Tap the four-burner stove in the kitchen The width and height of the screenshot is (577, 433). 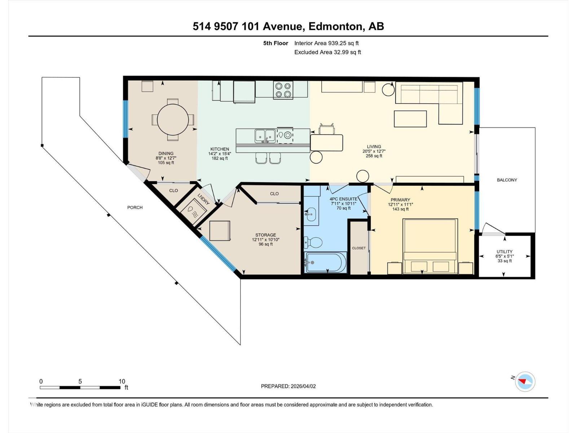[x=283, y=90]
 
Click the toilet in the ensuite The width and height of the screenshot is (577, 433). [x=313, y=242]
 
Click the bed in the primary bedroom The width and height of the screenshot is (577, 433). [x=430, y=245]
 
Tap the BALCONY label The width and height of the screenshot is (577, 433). [x=507, y=180]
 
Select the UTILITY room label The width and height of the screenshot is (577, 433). [x=504, y=252]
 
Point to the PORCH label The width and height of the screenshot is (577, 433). [x=135, y=207]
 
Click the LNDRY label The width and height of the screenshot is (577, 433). [x=203, y=199]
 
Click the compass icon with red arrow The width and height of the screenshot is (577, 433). [x=525, y=382]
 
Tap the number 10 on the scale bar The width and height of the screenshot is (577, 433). [x=122, y=381]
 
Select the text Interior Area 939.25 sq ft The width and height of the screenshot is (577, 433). [x=326, y=43]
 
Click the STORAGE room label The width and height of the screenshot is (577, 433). [x=265, y=235]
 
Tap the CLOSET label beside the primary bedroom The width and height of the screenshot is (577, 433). [x=358, y=248]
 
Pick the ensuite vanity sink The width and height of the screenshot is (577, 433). [x=311, y=214]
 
